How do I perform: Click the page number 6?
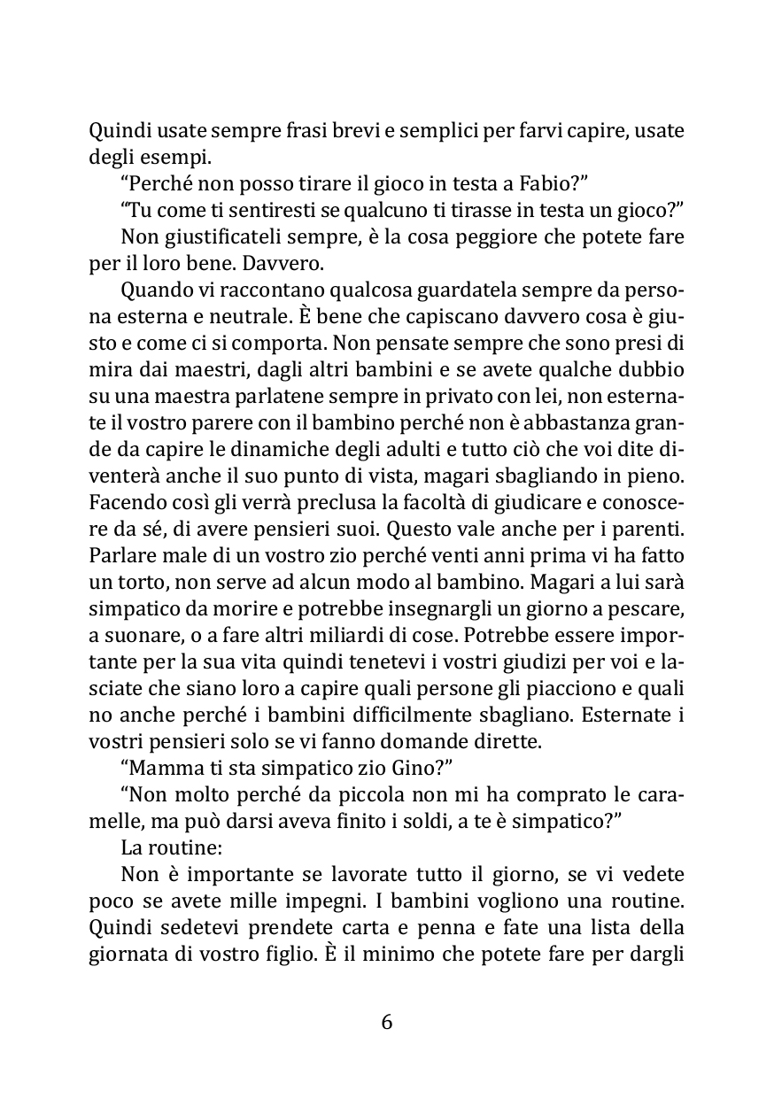386,1022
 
